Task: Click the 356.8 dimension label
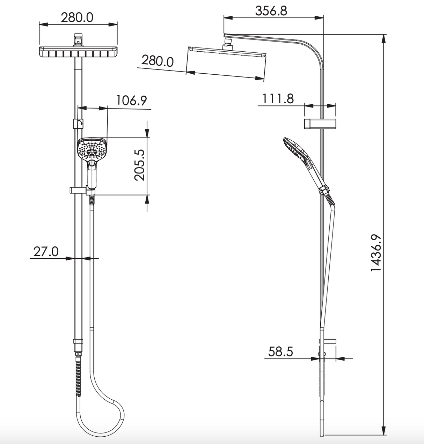pos(271,11)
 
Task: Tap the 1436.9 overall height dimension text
pos(376,253)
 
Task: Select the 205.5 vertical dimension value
pos(140,165)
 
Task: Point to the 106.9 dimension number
pos(131,101)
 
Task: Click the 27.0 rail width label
pos(46,251)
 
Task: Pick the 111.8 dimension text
pos(278,99)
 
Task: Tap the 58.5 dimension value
pos(280,351)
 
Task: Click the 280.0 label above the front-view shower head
pos(77,17)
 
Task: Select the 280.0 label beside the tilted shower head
pos(157,61)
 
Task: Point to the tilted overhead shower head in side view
pos(227,52)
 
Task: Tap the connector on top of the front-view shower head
pos(78,39)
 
